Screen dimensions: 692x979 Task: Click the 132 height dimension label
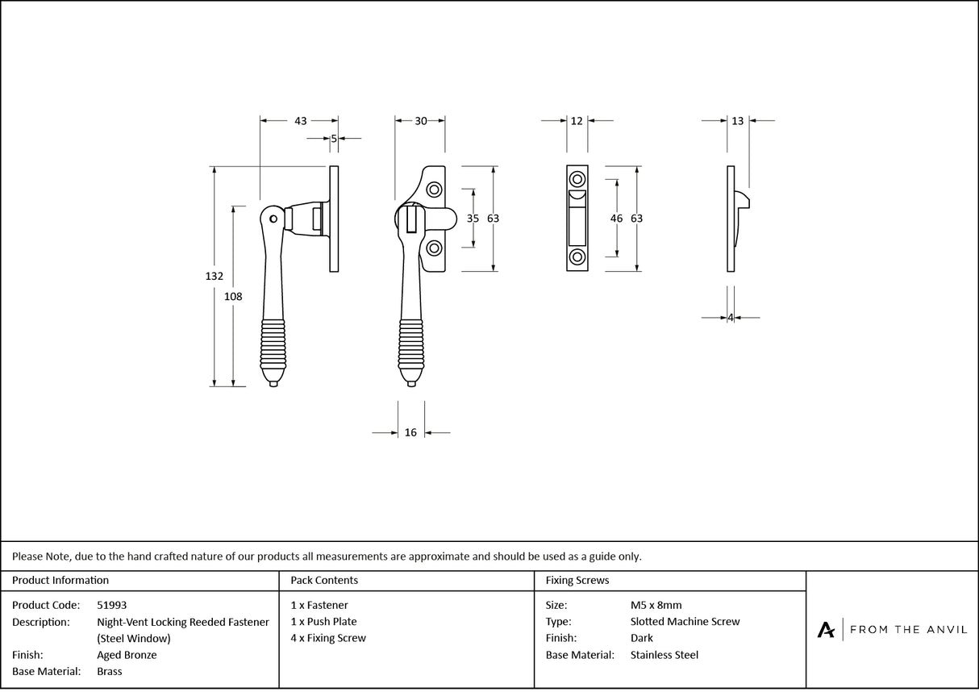tap(214, 276)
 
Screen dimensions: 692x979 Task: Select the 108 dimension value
tap(233, 296)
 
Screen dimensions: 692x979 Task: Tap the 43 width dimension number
tap(300, 121)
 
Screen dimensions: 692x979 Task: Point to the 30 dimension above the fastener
tap(421, 121)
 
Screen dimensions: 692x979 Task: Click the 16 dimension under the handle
tap(410, 433)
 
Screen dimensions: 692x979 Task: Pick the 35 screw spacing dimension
tap(473, 219)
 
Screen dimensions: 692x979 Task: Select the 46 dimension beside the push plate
tap(617, 219)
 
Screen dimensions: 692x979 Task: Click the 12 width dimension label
tap(577, 121)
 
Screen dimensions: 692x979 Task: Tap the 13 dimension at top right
tap(737, 121)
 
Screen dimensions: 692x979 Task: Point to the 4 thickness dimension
tap(731, 318)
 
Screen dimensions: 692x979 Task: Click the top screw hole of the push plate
tap(577, 179)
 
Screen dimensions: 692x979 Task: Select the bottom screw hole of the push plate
tap(577, 257)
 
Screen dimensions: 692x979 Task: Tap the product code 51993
tap(111, 605)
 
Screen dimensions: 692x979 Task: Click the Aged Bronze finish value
tap(127, 655)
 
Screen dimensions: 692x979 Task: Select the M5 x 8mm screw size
tap(656, 605)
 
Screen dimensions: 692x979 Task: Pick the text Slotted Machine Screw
tap(685, 622)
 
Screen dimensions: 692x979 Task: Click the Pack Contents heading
tap(324, 580)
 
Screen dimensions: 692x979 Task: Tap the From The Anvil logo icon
tap(827, 630)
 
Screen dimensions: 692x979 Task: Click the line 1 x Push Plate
tap(323, 622)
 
